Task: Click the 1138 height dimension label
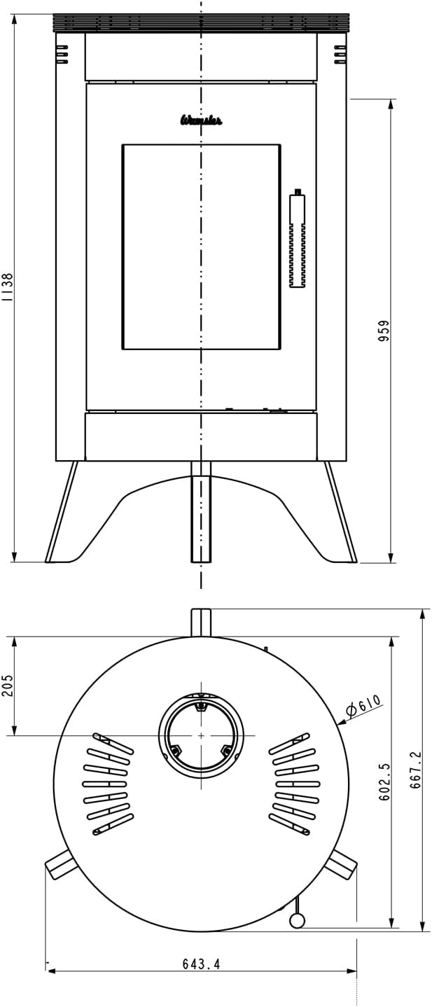pyautogui.click(x=8, y=287)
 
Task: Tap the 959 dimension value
pyautogui.click(x=384, y=331)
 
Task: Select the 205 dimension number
pyautogui.click(x=8, y=685)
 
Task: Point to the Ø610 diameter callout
pyautogui.click(x=364, y=705)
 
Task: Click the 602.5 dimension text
pyautogui.click(x=384, y=782)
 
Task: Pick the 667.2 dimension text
pyautogui.click(x=415, y=770)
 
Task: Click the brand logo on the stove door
pyautogui.click(x=201, y=120)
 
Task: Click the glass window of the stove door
pyautogui.click(x=202, y=246)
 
